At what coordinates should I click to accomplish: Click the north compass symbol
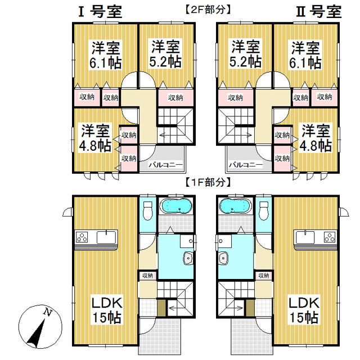point(40,327)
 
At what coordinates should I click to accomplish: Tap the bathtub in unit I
point(177,206)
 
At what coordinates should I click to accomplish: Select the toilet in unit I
point(147,210)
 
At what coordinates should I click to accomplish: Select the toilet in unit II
point(264,210)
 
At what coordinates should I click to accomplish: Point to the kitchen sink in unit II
point(305,237)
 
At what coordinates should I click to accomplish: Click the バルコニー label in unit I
point(165,165)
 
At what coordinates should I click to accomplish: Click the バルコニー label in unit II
point(245,165)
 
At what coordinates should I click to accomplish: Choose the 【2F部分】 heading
point(208,10)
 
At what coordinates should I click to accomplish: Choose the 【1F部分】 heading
point(208,182)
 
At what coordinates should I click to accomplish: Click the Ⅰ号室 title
point(100,12)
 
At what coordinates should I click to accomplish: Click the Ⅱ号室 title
point(319,12)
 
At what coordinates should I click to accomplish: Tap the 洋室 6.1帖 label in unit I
point(106,55)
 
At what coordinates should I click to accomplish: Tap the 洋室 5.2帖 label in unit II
point(245,54)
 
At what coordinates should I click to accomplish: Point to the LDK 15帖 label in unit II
point(304,310)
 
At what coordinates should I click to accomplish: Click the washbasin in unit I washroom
point(188,258)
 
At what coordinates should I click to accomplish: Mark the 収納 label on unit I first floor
point(147,275)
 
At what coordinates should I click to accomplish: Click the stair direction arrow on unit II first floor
point(238,308)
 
